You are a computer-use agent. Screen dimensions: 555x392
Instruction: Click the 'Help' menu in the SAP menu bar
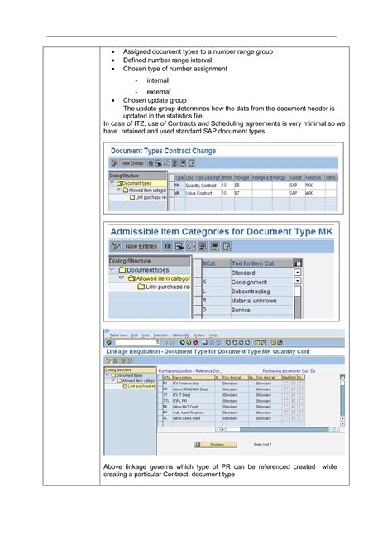point(213,335)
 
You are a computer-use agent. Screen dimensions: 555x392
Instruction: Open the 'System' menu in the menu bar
point(198,335)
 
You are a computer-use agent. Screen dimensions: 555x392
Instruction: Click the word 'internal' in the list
point(157,80)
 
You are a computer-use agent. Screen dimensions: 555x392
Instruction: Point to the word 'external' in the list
point(158,92)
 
